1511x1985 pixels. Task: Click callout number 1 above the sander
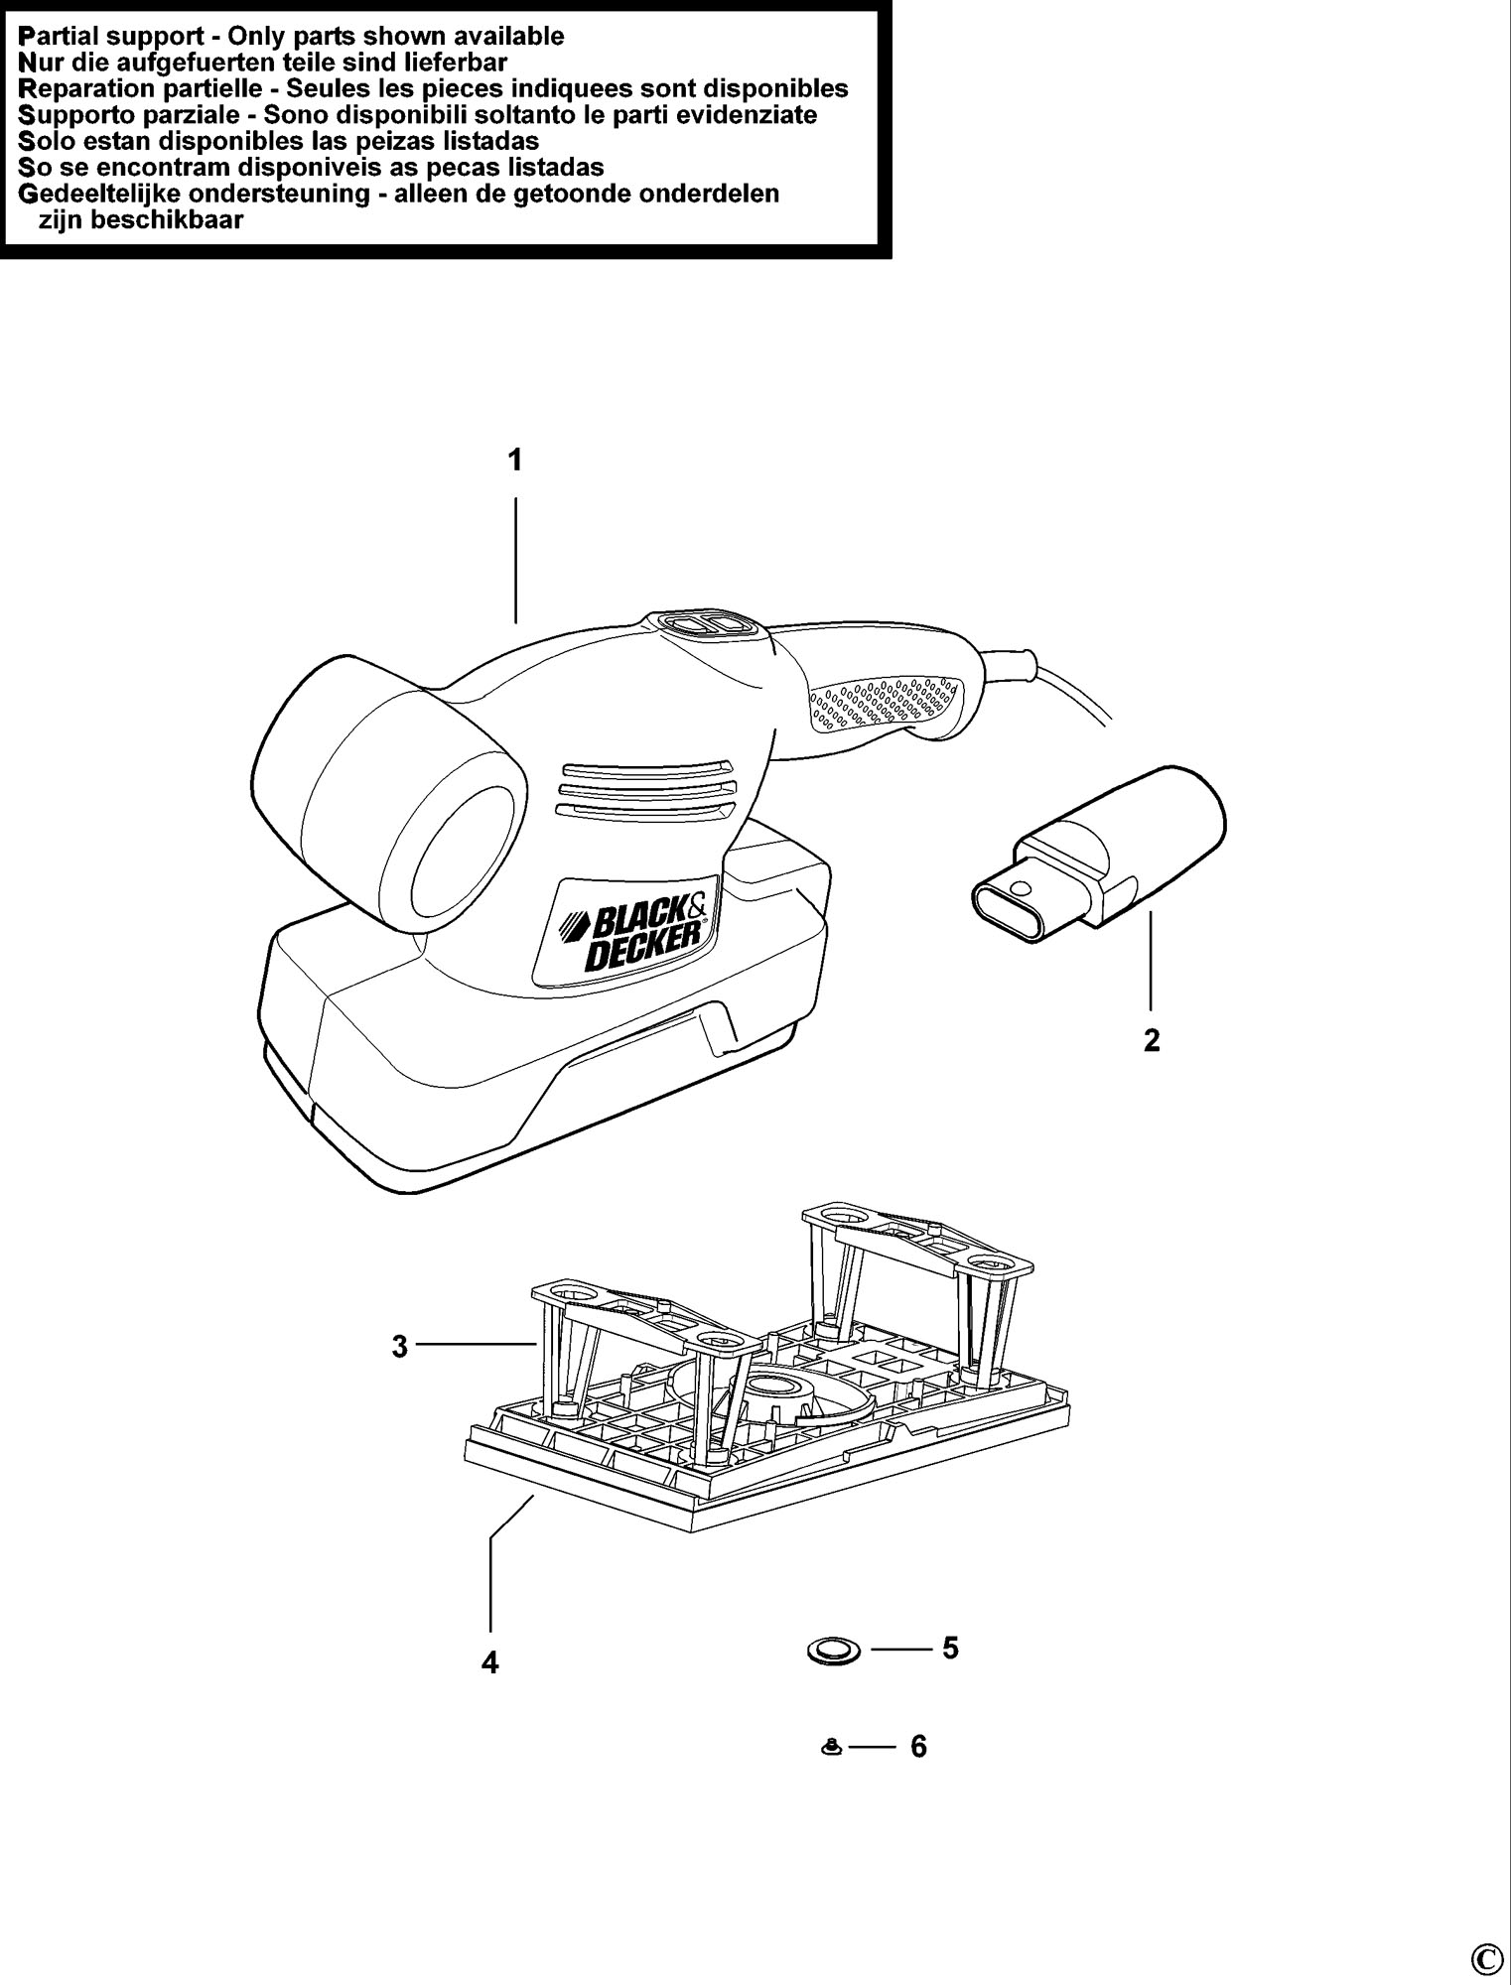point(515,461)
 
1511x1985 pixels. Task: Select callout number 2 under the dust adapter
point(1152,1040)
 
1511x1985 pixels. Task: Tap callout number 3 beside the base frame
point(399,1347)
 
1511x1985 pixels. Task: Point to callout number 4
point(489,1662)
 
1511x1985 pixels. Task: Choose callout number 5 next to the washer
point(950,1648)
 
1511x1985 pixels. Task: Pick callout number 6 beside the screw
point(918,1746)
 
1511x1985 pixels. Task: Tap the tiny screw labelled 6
point(832,1748)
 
